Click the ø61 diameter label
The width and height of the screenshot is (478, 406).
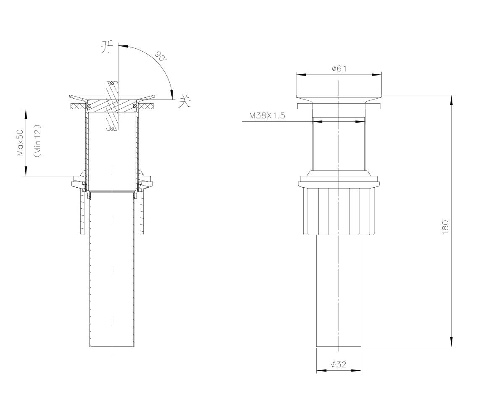tap(339, 68)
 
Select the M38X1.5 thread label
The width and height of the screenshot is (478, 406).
tap(267, 115)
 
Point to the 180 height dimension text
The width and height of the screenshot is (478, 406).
tap(445, 227)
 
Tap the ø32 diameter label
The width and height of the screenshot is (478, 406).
tap(339, 364)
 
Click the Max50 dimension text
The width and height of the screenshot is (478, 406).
tap(20, 143)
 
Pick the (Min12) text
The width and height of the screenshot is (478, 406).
tap(37, 141)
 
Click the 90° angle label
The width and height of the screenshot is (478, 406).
tap(161, 56)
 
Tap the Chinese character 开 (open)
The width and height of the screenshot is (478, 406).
tap(107, 47)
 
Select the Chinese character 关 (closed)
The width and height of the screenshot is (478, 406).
tap(185, 101)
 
